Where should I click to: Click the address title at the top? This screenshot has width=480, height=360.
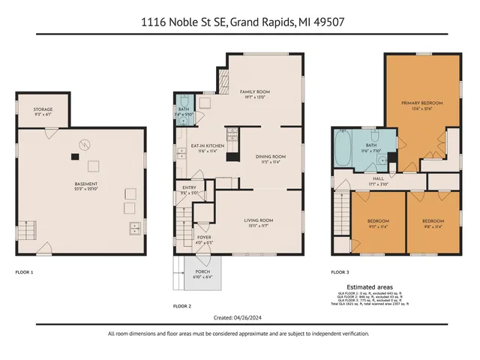click(x=239, y=22)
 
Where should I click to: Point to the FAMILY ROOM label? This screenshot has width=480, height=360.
click(x=253, y=92)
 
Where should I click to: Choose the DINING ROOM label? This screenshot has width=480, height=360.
click(x=265, y=157)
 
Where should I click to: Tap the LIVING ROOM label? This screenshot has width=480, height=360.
click(x=259, y=221)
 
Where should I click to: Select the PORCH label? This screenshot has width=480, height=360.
click(x=202, y=274)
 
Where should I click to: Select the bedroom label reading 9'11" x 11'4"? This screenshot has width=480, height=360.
click(x=378, y=223)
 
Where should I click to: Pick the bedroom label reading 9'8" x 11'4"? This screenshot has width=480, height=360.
click(x=433, y=223)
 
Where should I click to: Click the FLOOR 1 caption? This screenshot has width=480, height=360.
click(x=25, y=271)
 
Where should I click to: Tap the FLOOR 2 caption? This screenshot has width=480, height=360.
click(x=182, y=306)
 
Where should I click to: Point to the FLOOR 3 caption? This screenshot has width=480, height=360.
click(x=340, y=271)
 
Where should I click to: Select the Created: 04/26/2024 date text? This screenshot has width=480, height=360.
click(x=239, y=316)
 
